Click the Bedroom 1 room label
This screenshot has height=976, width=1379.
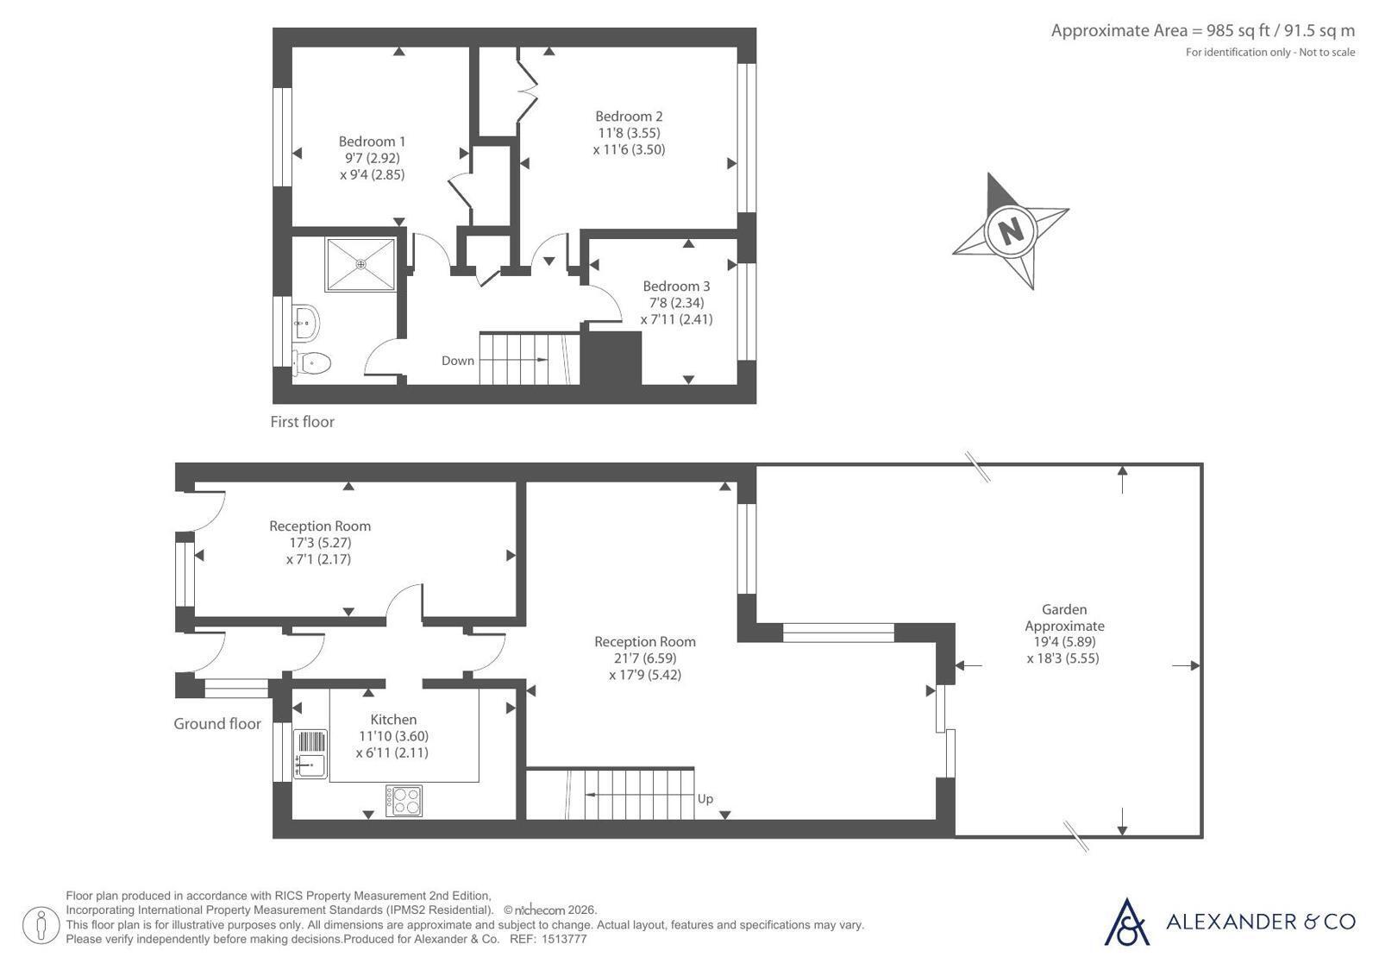point(372,142)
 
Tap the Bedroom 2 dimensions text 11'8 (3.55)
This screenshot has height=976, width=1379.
point(629,133)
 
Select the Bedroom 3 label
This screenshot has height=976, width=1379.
point(676,287)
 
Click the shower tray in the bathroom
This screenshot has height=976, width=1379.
point(360,264)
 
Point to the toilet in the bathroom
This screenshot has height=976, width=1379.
point(312,362)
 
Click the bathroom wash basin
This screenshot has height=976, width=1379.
point(306,321)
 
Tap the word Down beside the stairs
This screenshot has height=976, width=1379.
point(458,361)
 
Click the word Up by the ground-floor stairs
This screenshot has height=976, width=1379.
point(705,799)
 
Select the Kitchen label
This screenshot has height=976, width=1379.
point(393,720)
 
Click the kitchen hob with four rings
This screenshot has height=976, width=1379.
point(404,801)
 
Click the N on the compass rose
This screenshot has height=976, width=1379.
point(1011,231)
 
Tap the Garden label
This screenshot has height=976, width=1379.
point(1064,609)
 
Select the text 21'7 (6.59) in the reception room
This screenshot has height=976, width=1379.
point(644,658)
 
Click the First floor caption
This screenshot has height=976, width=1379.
point(302,422)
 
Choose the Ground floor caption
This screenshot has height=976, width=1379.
point(217,724)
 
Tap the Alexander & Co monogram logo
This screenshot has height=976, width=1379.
point(1126,922)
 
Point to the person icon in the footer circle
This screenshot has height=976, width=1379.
point(41,925)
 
